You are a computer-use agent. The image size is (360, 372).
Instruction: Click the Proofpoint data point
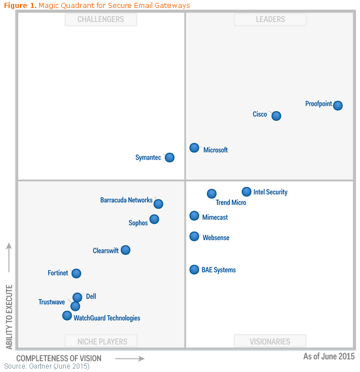tap(338, 105)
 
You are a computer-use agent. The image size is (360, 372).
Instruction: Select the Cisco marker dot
tap(276, 116)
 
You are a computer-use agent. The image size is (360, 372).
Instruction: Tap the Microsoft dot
tap(194, 148)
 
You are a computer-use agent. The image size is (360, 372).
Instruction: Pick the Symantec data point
tap(169, 157)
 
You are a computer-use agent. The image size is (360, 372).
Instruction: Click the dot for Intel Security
tap(246, 192)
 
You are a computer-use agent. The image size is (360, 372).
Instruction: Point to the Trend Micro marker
tap(212, 194)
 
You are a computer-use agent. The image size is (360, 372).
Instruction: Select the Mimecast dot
tap(194, 216)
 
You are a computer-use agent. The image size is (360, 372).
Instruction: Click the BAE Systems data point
tap(194, 270)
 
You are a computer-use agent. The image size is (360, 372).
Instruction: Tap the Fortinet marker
tap(76, 273)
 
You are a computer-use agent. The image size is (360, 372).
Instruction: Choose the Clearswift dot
tap(125, 250)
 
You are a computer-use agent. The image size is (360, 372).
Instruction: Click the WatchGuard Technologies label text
tap(107, 318)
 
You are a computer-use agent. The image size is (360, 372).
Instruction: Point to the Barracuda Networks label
tap(126, 200)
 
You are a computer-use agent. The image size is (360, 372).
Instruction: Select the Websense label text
tap(216, 238)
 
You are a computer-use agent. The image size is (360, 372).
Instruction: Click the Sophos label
tap(138, 223)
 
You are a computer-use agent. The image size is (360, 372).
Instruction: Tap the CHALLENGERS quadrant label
tap(101, 19)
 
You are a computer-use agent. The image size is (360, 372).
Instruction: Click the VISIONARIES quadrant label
tap(270, 341)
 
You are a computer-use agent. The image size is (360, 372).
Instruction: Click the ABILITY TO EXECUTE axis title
tap(9, 309)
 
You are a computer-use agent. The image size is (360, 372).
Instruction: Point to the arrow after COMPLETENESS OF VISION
tap(129, 358)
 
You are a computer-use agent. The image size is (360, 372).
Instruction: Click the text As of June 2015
tap(329, 357)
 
